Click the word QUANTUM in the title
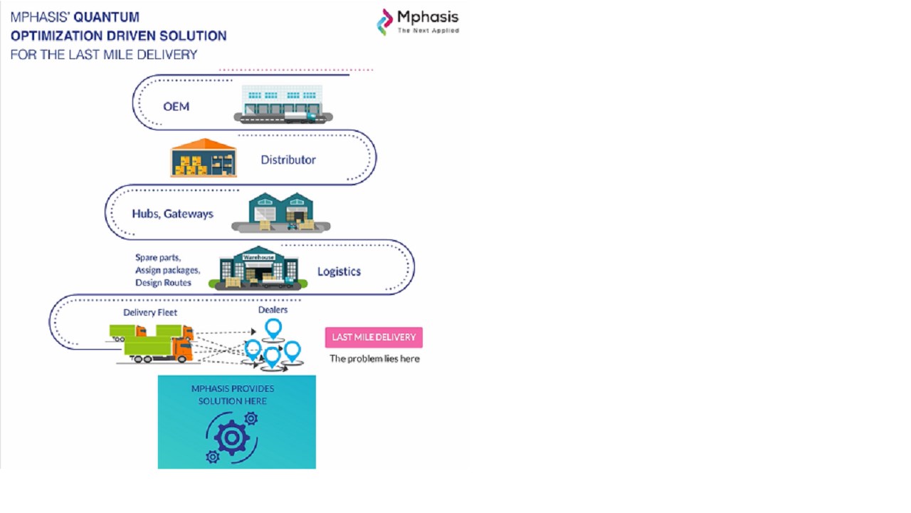coord(107,17)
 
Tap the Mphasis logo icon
coord(384,22)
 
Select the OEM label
coord(176,107)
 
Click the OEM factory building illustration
coord(283,104)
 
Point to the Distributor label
coord(288,160)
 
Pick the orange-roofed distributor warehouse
coord(204,158)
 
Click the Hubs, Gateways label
coord(172,214)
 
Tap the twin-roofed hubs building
coord(280,212)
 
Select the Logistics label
coord(339,271)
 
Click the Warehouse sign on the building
coord(258,257)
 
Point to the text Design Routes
coord(163,283)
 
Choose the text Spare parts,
coord(158,257)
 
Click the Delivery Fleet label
coord(150,312)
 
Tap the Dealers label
coord(273,310)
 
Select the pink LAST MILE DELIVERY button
coord(374,337)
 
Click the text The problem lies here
coord(374,358)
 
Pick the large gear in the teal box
coord(231,437)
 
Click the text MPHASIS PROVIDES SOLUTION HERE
coord(233,395)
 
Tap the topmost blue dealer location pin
coord(273,328)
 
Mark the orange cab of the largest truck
coord(183,349)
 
